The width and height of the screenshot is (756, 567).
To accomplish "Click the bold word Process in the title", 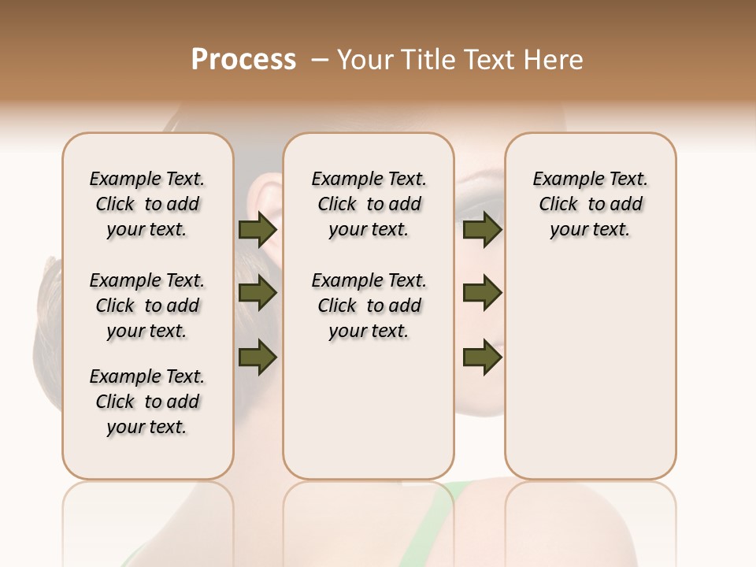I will pyautogui.click(x=243, y=60).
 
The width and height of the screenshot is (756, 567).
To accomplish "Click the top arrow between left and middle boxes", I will pyautogui.click(x=258, y=230).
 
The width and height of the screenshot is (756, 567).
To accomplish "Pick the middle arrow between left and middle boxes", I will pyautogui.click(x=258, y=294).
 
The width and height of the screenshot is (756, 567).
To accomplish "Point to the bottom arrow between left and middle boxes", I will pyautogui.click(x=258, y=358).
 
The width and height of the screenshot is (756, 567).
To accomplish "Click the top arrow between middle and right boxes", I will pyautogui.click(x=482, y=230).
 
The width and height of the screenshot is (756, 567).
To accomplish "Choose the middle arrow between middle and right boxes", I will pyautogui.click(x=482, y=294).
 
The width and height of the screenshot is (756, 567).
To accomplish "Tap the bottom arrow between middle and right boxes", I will pyautogui.click(x=482, y=358).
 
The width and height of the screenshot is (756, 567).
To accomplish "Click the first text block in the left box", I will pyautogui.click(x=147, y=204).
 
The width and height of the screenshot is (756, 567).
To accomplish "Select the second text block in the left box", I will pyautogui.click(x=147, y=306).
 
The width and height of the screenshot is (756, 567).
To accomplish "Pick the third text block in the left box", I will pyautogui.click(x=147, y=402).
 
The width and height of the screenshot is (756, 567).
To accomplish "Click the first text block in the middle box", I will pyautogui.click(x=369, y=204).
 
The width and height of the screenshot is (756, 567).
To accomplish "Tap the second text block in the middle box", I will pyautogui.click(x=369, y=306).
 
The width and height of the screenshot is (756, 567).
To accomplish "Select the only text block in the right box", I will pyautogui.click(x=590, y=204).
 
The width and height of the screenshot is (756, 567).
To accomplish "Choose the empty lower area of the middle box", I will pyautogui.click(x=369, y=409).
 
